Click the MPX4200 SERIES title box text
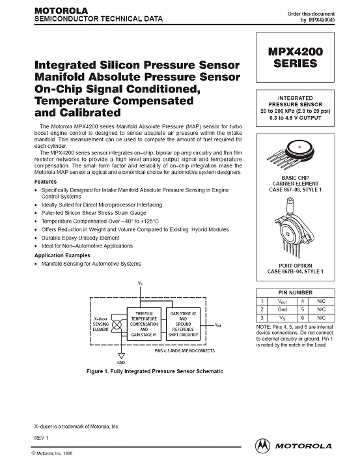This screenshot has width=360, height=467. pos(295,57)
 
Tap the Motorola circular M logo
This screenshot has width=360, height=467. pos(262,446)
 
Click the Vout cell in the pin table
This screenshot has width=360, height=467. pos(282,301)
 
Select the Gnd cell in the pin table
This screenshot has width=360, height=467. pos(282,309)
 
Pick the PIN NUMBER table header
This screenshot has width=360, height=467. pos(295,292)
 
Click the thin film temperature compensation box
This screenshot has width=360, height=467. pos(144,324)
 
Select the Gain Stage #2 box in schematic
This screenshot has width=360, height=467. pos(183,324)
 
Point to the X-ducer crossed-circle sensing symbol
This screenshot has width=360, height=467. pos(117,324)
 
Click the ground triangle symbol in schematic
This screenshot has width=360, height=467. pos(121,356)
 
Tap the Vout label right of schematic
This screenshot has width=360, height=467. pos(218,325)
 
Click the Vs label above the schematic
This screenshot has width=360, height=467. pos(140,283)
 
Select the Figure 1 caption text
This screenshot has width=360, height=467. pos(155,371)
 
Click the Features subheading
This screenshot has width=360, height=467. pos(46,182)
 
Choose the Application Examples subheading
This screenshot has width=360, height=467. pos(62,255)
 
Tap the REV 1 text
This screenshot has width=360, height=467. pos(41,438)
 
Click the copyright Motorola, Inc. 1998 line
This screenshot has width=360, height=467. pos(52,453)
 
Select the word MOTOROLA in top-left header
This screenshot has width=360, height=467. pos(61,10)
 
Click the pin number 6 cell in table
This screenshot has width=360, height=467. pos(303,318)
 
